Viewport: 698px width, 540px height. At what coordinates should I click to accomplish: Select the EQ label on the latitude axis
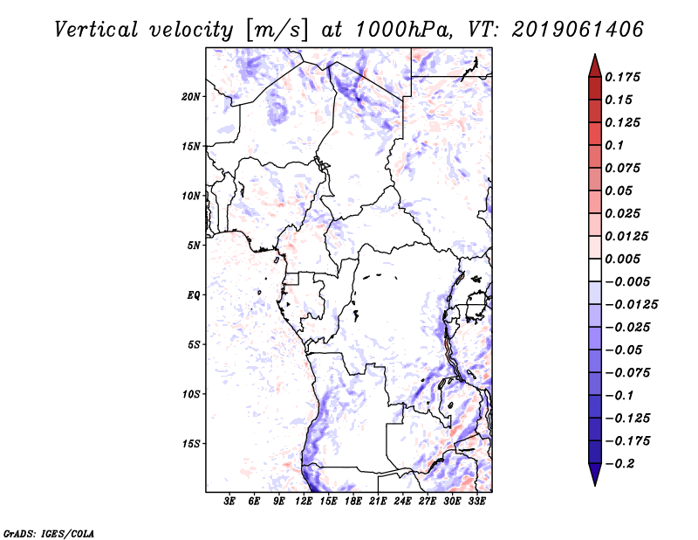[x=194, y=295]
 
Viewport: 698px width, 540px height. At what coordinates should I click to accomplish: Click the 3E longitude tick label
[x=230, y=502]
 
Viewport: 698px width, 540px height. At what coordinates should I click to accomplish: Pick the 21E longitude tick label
[x=378, y=502]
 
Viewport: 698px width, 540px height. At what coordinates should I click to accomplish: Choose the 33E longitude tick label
[x=476, y=502]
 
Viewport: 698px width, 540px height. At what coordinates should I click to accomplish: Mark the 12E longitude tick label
[x=304, y=502]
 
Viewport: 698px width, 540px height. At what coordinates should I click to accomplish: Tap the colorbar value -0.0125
[x=633, y=305]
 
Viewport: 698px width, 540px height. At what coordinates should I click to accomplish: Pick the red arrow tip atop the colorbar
[x=594, y=60]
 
